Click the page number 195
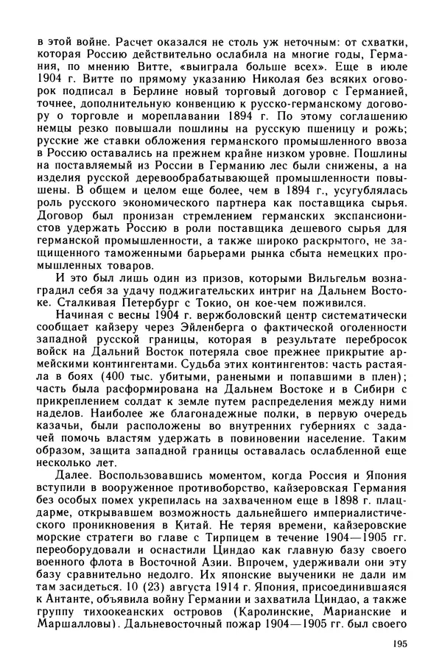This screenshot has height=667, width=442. coord(399,644)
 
